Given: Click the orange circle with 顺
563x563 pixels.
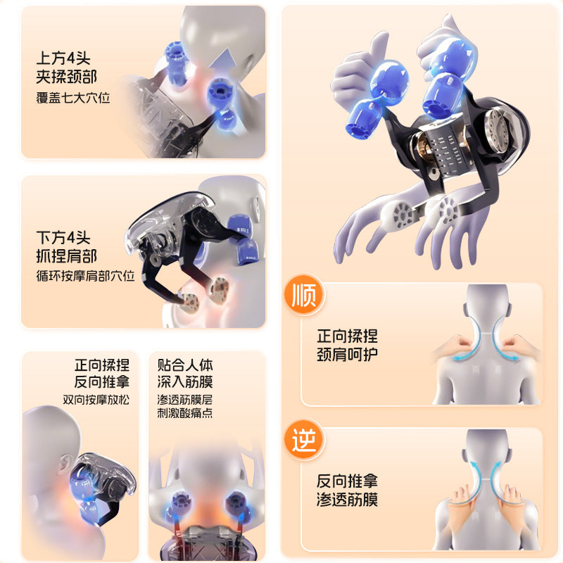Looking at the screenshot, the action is point(304,295).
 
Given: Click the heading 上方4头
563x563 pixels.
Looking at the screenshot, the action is point(63,58).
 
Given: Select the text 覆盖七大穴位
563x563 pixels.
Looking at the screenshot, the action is point(73,98).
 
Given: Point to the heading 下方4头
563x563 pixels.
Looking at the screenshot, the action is point(63,237).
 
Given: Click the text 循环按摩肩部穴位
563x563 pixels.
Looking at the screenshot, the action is point(85,276).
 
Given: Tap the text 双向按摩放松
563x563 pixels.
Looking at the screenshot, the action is point(96,400).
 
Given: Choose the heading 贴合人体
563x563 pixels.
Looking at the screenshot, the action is point(185,365).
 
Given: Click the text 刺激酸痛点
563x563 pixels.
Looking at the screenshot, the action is point(185,413).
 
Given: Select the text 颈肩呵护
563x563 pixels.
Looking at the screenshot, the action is point(347,355).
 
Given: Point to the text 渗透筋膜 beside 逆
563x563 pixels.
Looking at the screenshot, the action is point(347,499).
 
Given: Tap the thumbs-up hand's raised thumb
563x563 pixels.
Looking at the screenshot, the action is point(379,49).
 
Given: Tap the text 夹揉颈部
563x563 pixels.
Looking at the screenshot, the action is point(66,77).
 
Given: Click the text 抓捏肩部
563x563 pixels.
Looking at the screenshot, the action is point(66,256).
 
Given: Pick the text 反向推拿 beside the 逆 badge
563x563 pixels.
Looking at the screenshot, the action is point(347,481).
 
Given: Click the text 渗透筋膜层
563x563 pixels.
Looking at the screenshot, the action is point(185,400).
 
